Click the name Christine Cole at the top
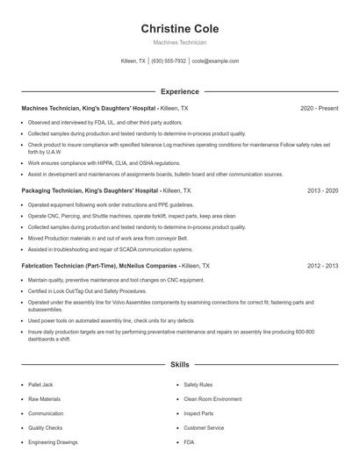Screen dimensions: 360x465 point(179,29)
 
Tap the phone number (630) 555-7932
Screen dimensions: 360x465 point(169,61)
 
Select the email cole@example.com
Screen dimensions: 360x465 point(215,61)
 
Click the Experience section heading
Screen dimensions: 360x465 point(179,91)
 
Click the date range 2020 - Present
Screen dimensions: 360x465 point(319,108)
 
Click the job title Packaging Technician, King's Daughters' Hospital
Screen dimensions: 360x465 point(90,190)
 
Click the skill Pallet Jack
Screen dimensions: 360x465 point(42,384)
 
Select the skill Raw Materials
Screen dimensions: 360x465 point(45,398)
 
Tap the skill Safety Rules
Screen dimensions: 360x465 point(198,384)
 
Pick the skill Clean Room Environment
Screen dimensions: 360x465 point(212,398)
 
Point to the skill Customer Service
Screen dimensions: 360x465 point(204,427)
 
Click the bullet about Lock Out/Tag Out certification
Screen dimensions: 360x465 point(87,290)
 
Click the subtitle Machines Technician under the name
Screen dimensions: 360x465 point(179,42)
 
